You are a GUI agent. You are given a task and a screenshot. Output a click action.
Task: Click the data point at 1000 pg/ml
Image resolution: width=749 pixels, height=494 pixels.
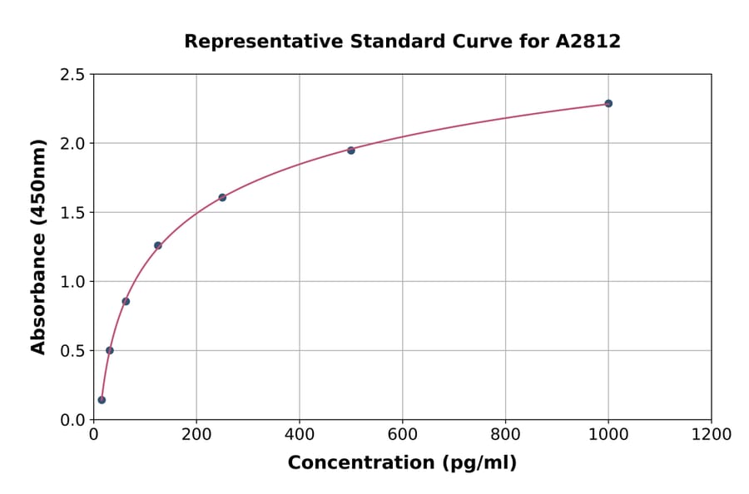click(x=608, y=103)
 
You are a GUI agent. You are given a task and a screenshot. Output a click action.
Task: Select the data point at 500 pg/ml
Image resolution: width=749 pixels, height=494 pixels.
click(x=351, y=151)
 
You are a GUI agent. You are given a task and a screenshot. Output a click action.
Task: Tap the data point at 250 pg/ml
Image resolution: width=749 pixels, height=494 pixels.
click(x=222, y=197)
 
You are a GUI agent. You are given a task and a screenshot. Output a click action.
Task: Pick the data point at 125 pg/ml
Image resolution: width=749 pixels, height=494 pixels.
click(x=158, y=245)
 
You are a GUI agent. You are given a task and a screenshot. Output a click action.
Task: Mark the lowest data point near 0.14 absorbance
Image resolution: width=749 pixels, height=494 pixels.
click(x=102, y=400)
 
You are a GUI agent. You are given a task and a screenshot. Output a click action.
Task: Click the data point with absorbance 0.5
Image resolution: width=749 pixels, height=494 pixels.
click(x=110, y=350)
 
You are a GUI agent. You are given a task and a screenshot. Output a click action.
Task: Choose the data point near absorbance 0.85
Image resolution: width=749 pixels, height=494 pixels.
click(x=126, y=301)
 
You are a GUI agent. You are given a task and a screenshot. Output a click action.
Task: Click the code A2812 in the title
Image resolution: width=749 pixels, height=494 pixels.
click(x=588, y=42)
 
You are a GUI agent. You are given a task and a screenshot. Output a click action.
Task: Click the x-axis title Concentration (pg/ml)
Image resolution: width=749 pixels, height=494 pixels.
click(x=402, y=463)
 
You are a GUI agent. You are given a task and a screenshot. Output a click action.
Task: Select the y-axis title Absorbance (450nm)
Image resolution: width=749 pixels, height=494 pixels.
click(x=38, y=247)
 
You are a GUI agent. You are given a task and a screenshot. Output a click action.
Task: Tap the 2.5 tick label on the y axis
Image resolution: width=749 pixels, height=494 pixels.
click(x=72, y=75)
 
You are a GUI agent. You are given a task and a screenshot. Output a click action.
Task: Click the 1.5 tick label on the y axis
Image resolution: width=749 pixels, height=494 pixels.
click(x=72, y=213)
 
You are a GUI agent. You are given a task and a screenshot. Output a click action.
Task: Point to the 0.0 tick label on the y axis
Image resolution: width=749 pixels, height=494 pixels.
click(x=72, y=420)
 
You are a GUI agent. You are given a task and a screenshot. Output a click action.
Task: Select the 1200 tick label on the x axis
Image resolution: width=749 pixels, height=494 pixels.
click(x=712, y=435)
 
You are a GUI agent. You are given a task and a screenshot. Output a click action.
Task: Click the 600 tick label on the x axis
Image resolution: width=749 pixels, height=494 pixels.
click(x=402, y=435)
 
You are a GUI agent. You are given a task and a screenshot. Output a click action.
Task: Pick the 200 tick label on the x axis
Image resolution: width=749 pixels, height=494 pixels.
click(x=196, y=435)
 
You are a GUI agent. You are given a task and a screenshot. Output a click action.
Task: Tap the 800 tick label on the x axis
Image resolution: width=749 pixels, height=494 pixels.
click(x=505, y=435)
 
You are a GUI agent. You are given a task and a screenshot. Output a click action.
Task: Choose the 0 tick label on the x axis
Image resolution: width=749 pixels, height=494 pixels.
click(x=93, y=435)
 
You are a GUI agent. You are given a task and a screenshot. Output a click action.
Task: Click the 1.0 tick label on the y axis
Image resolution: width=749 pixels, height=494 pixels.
click(x=72, y=282)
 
